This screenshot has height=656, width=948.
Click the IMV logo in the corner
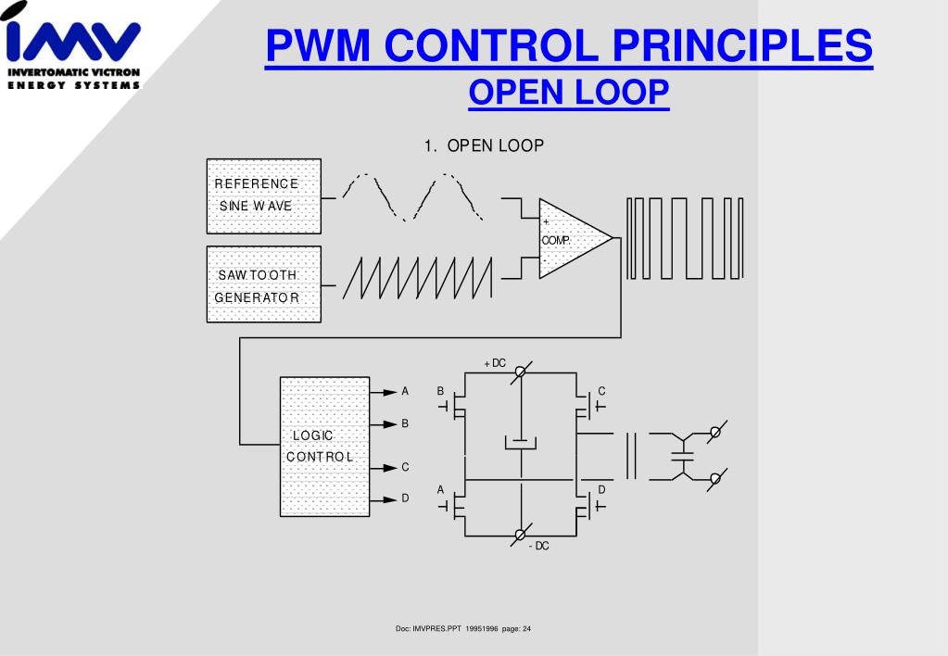pos(73,45)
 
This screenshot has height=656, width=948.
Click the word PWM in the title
pos(318,45)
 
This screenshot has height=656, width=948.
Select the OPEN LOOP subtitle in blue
pos(569,92)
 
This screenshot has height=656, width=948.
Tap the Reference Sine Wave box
pos(263,196)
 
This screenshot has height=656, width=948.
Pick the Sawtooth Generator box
pos(263,284)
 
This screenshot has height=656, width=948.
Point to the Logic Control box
pos(324,447)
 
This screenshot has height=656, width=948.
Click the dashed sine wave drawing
pos(413,197)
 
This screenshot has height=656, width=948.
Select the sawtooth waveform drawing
pos(418,278)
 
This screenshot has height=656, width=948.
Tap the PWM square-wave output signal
pos(685,238)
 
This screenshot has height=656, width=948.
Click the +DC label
pos(495,363)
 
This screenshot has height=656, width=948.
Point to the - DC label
pos(538,546)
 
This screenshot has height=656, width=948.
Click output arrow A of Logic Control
pos(384,392)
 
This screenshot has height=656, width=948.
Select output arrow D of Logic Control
pos(384,499)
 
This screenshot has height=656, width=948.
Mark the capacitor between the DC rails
pos(521,443)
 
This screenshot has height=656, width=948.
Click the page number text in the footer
pos(516,629)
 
